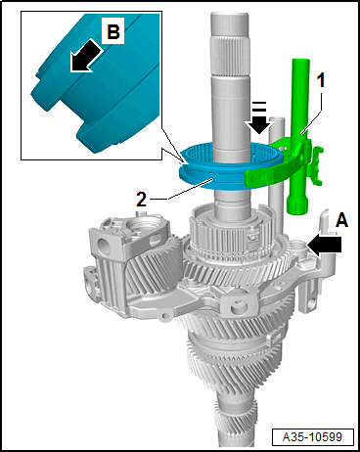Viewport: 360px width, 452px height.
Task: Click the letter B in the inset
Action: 113,32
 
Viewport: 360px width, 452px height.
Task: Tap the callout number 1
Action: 321,80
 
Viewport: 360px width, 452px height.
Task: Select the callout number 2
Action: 141,200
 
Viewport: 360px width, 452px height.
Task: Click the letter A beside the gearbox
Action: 341,220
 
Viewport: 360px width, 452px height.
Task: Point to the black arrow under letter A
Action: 324,245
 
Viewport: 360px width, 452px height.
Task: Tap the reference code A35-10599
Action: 312,436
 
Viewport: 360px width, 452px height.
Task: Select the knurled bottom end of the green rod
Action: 296,204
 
